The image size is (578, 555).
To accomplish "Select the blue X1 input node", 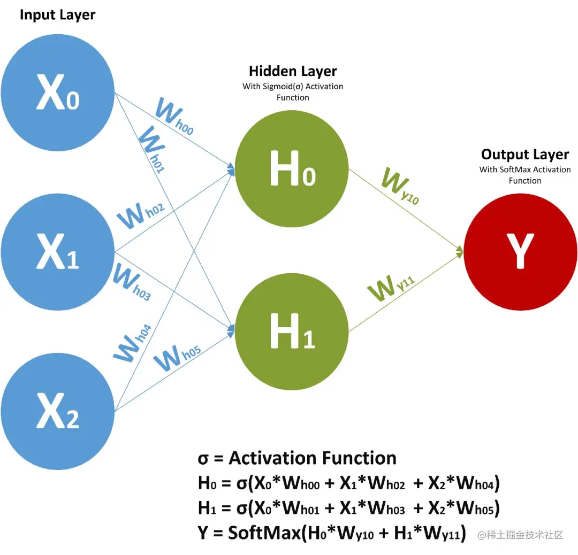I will [57, 252].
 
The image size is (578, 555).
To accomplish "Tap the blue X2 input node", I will [57, 411].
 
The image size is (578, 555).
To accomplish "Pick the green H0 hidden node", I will [292, 169].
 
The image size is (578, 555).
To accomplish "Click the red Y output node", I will [520, 251].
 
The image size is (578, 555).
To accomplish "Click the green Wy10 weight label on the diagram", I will [399, 188].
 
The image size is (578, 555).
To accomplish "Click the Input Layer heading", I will [57, 15].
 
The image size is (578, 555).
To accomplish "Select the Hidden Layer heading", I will [293, 71].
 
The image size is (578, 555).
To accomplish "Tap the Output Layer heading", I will [524, 155].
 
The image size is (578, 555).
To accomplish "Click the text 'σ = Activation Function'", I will [297, 458].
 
